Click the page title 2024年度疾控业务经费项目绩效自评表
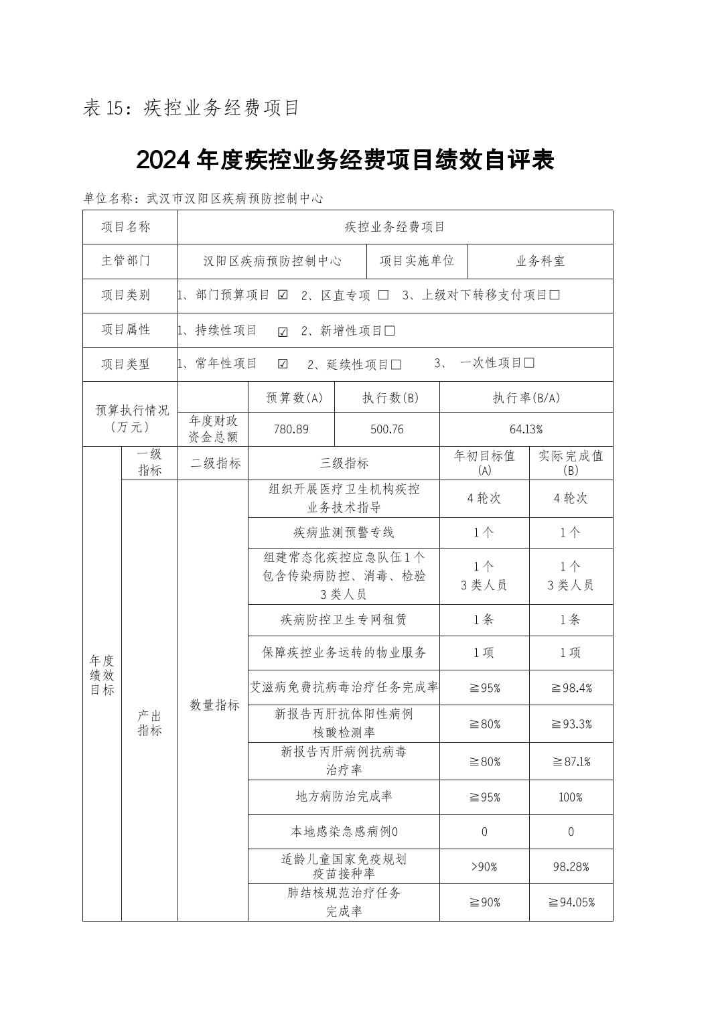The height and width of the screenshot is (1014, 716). click(345, 161)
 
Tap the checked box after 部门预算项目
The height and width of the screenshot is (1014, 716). click(283, 295)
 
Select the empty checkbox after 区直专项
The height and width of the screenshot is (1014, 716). click(383, 295)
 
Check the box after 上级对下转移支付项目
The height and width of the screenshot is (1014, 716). click(554, 295)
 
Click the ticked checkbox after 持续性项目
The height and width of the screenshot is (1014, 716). click(283, 332)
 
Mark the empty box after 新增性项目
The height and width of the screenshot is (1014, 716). click(390, 331)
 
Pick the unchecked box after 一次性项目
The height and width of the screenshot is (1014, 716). click(529, 363)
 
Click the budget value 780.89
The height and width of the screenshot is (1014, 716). click(291, 429)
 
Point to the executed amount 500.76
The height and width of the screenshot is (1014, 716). click(387, 429)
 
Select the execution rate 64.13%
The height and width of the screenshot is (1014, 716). click(526, 429)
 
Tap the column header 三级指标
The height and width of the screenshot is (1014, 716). click(344, 463)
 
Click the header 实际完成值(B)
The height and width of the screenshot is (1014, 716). click(571, 463)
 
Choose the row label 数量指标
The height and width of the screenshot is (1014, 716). click(214, 705)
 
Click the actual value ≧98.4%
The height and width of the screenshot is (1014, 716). click(571, 688)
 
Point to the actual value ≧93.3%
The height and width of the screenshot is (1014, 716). click(571, 724)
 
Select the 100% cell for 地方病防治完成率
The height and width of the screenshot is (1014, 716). click(571, 797)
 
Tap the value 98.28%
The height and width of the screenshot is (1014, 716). click(571, 867)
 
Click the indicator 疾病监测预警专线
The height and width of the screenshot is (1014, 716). click(344, 532)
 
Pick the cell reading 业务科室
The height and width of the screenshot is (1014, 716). click(540, 261)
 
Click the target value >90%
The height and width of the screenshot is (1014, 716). click(484, 867)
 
